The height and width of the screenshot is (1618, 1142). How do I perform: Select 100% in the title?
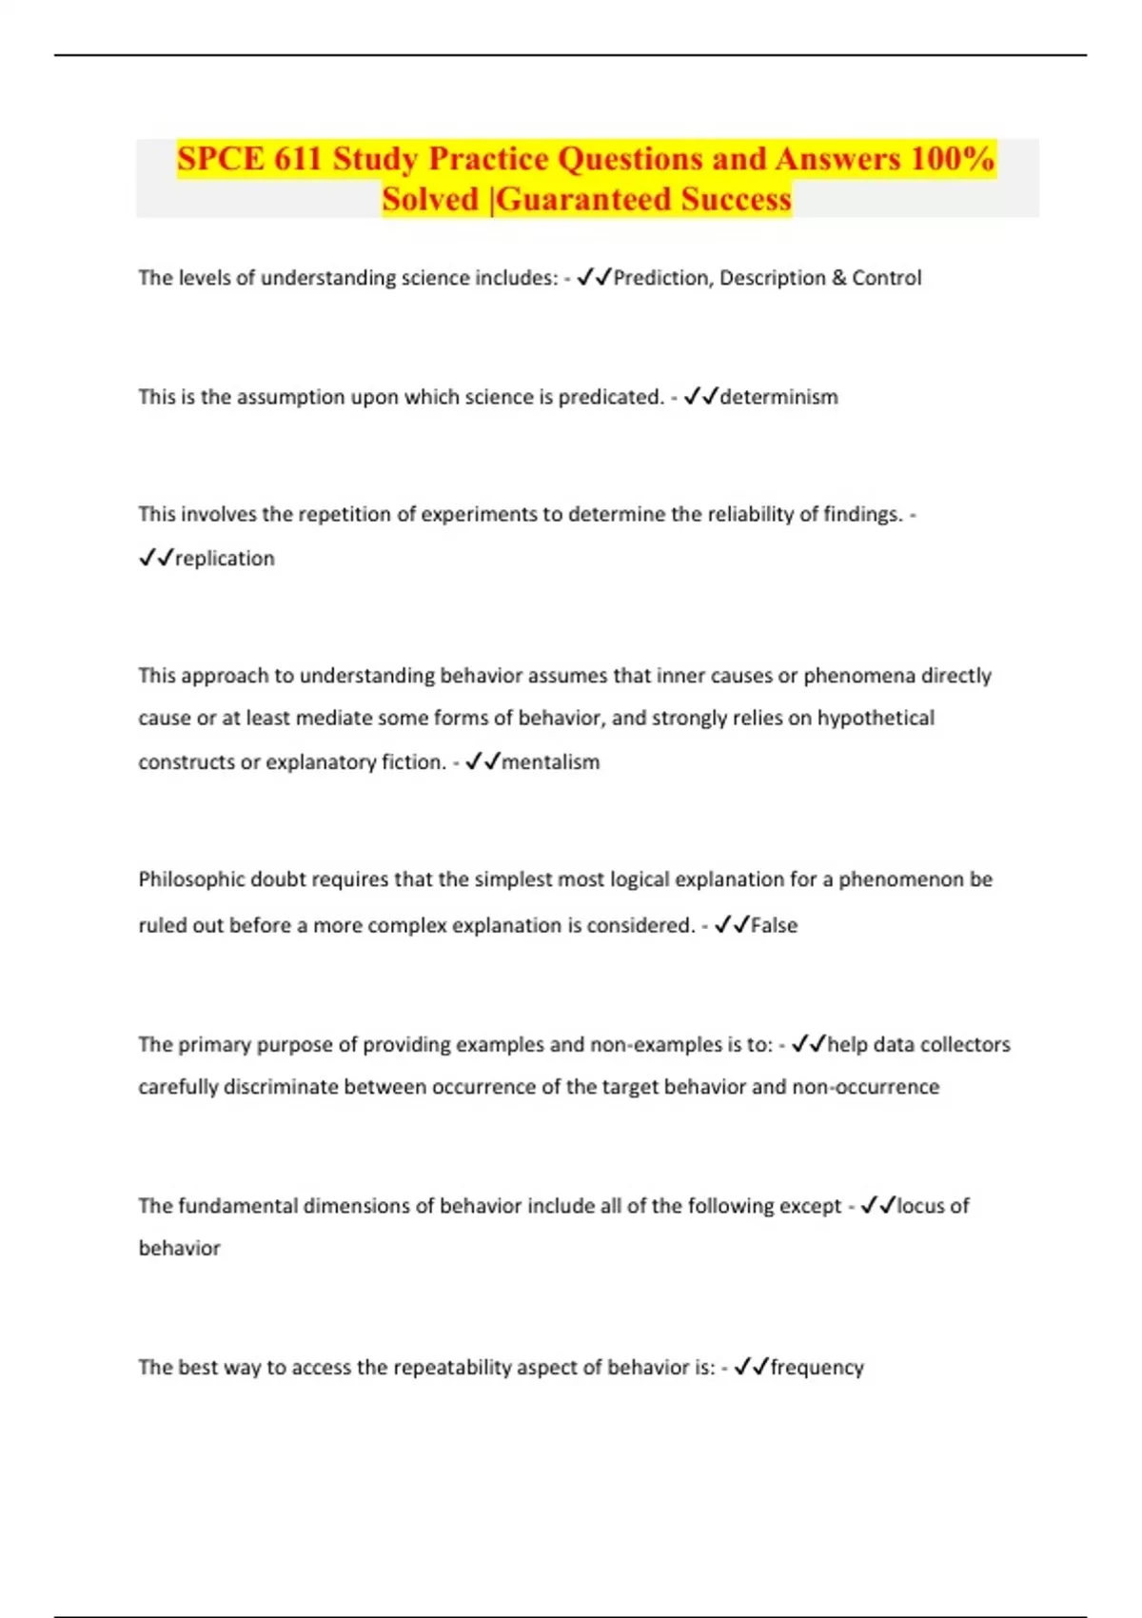coord(953,158)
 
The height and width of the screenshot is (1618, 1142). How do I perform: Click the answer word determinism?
coord(778,397)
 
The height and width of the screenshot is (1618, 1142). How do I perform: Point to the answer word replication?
coord(225,559)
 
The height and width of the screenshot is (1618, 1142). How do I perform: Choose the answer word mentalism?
coord(550,762)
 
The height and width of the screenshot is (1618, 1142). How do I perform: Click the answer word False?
coord(774,925)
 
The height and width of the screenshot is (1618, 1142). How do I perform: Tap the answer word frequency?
coord(817,1368)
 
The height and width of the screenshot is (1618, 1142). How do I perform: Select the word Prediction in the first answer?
coord(661,278)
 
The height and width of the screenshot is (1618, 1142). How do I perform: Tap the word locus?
coord(920,1206)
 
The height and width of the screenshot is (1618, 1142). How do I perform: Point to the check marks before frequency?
coord(751,1368)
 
